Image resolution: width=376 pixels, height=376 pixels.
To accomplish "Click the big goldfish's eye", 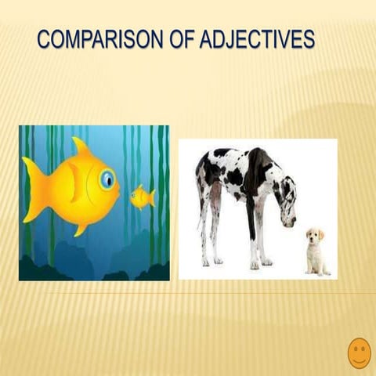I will pos(107,181).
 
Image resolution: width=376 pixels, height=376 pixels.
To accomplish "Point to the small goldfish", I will pos(142,197).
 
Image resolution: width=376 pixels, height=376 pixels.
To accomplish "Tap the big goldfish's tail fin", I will pos(35,188).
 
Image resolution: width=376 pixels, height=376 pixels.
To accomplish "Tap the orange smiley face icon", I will pos(359,352).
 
